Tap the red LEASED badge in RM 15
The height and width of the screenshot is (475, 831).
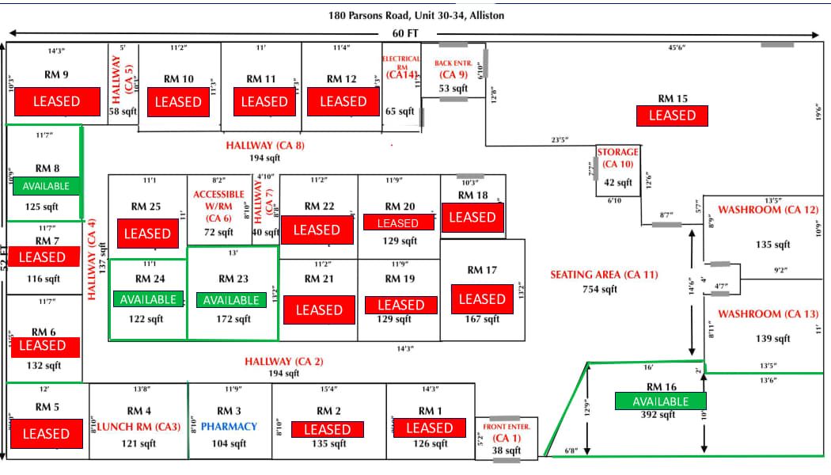672,116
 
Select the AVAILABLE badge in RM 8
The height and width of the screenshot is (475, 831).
47,186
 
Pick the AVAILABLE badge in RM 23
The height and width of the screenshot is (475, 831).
230,300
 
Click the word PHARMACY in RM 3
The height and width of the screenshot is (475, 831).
229,427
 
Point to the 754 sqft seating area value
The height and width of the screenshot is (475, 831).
599,290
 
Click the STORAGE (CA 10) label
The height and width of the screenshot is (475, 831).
618,158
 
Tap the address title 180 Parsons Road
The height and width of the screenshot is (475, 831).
416,15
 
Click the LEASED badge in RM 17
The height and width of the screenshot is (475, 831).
482,299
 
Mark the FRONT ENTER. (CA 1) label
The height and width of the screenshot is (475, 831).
506,431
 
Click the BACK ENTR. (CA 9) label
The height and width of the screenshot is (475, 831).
453,69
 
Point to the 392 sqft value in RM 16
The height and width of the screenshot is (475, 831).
659,415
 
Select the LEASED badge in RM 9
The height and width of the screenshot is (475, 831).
55,101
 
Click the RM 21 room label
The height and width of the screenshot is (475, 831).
318,279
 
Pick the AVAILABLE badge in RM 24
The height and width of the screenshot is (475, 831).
149,300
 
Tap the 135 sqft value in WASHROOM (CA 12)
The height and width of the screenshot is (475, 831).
773,245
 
